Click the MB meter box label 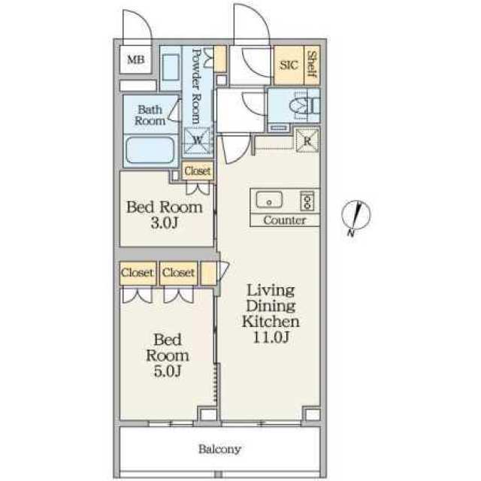coord(135,59)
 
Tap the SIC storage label coord(289,65)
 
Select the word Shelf coord(312,64)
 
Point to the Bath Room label coord(150,115)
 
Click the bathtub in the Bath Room coord(150,150)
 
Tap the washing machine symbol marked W coord(198,141)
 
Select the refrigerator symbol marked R coord(307,141)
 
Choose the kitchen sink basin coord(269,200)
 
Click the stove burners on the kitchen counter coord(307,201)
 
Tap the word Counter coord(284,220)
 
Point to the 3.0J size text coord(165,223)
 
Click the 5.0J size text coord(168,371)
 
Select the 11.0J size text coord(271,337)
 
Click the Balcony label coord(219,449)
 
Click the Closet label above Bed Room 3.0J coord(197,171)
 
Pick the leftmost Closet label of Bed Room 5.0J coord(137,272)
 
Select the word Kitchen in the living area coord(271,321)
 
